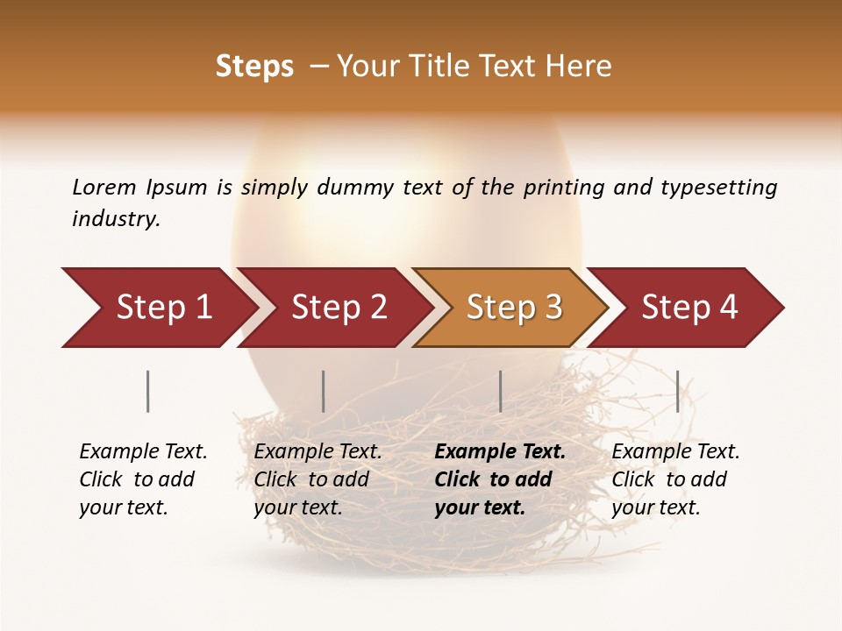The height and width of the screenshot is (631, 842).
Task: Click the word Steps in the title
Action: pos(254,67)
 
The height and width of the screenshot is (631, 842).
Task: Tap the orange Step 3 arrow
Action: pos(514,308)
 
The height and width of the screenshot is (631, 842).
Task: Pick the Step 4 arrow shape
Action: pos(689,308)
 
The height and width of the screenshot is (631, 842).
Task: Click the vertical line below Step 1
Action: pos(148,391)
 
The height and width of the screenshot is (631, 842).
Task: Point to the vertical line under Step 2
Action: pos(324,391)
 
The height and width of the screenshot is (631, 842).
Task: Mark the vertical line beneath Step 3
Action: pos(500,391)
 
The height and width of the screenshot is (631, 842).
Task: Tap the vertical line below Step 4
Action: pos(677,391)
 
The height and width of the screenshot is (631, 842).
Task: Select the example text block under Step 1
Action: pos(143,479)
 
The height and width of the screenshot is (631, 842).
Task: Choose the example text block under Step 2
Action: pos(318,479)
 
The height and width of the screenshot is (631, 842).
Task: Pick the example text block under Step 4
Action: pos(675,479)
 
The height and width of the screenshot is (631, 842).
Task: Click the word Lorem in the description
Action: pos(103,188)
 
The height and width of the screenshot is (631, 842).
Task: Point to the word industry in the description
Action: pos(115,219)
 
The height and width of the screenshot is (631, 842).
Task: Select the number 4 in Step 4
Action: pos(728,308)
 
